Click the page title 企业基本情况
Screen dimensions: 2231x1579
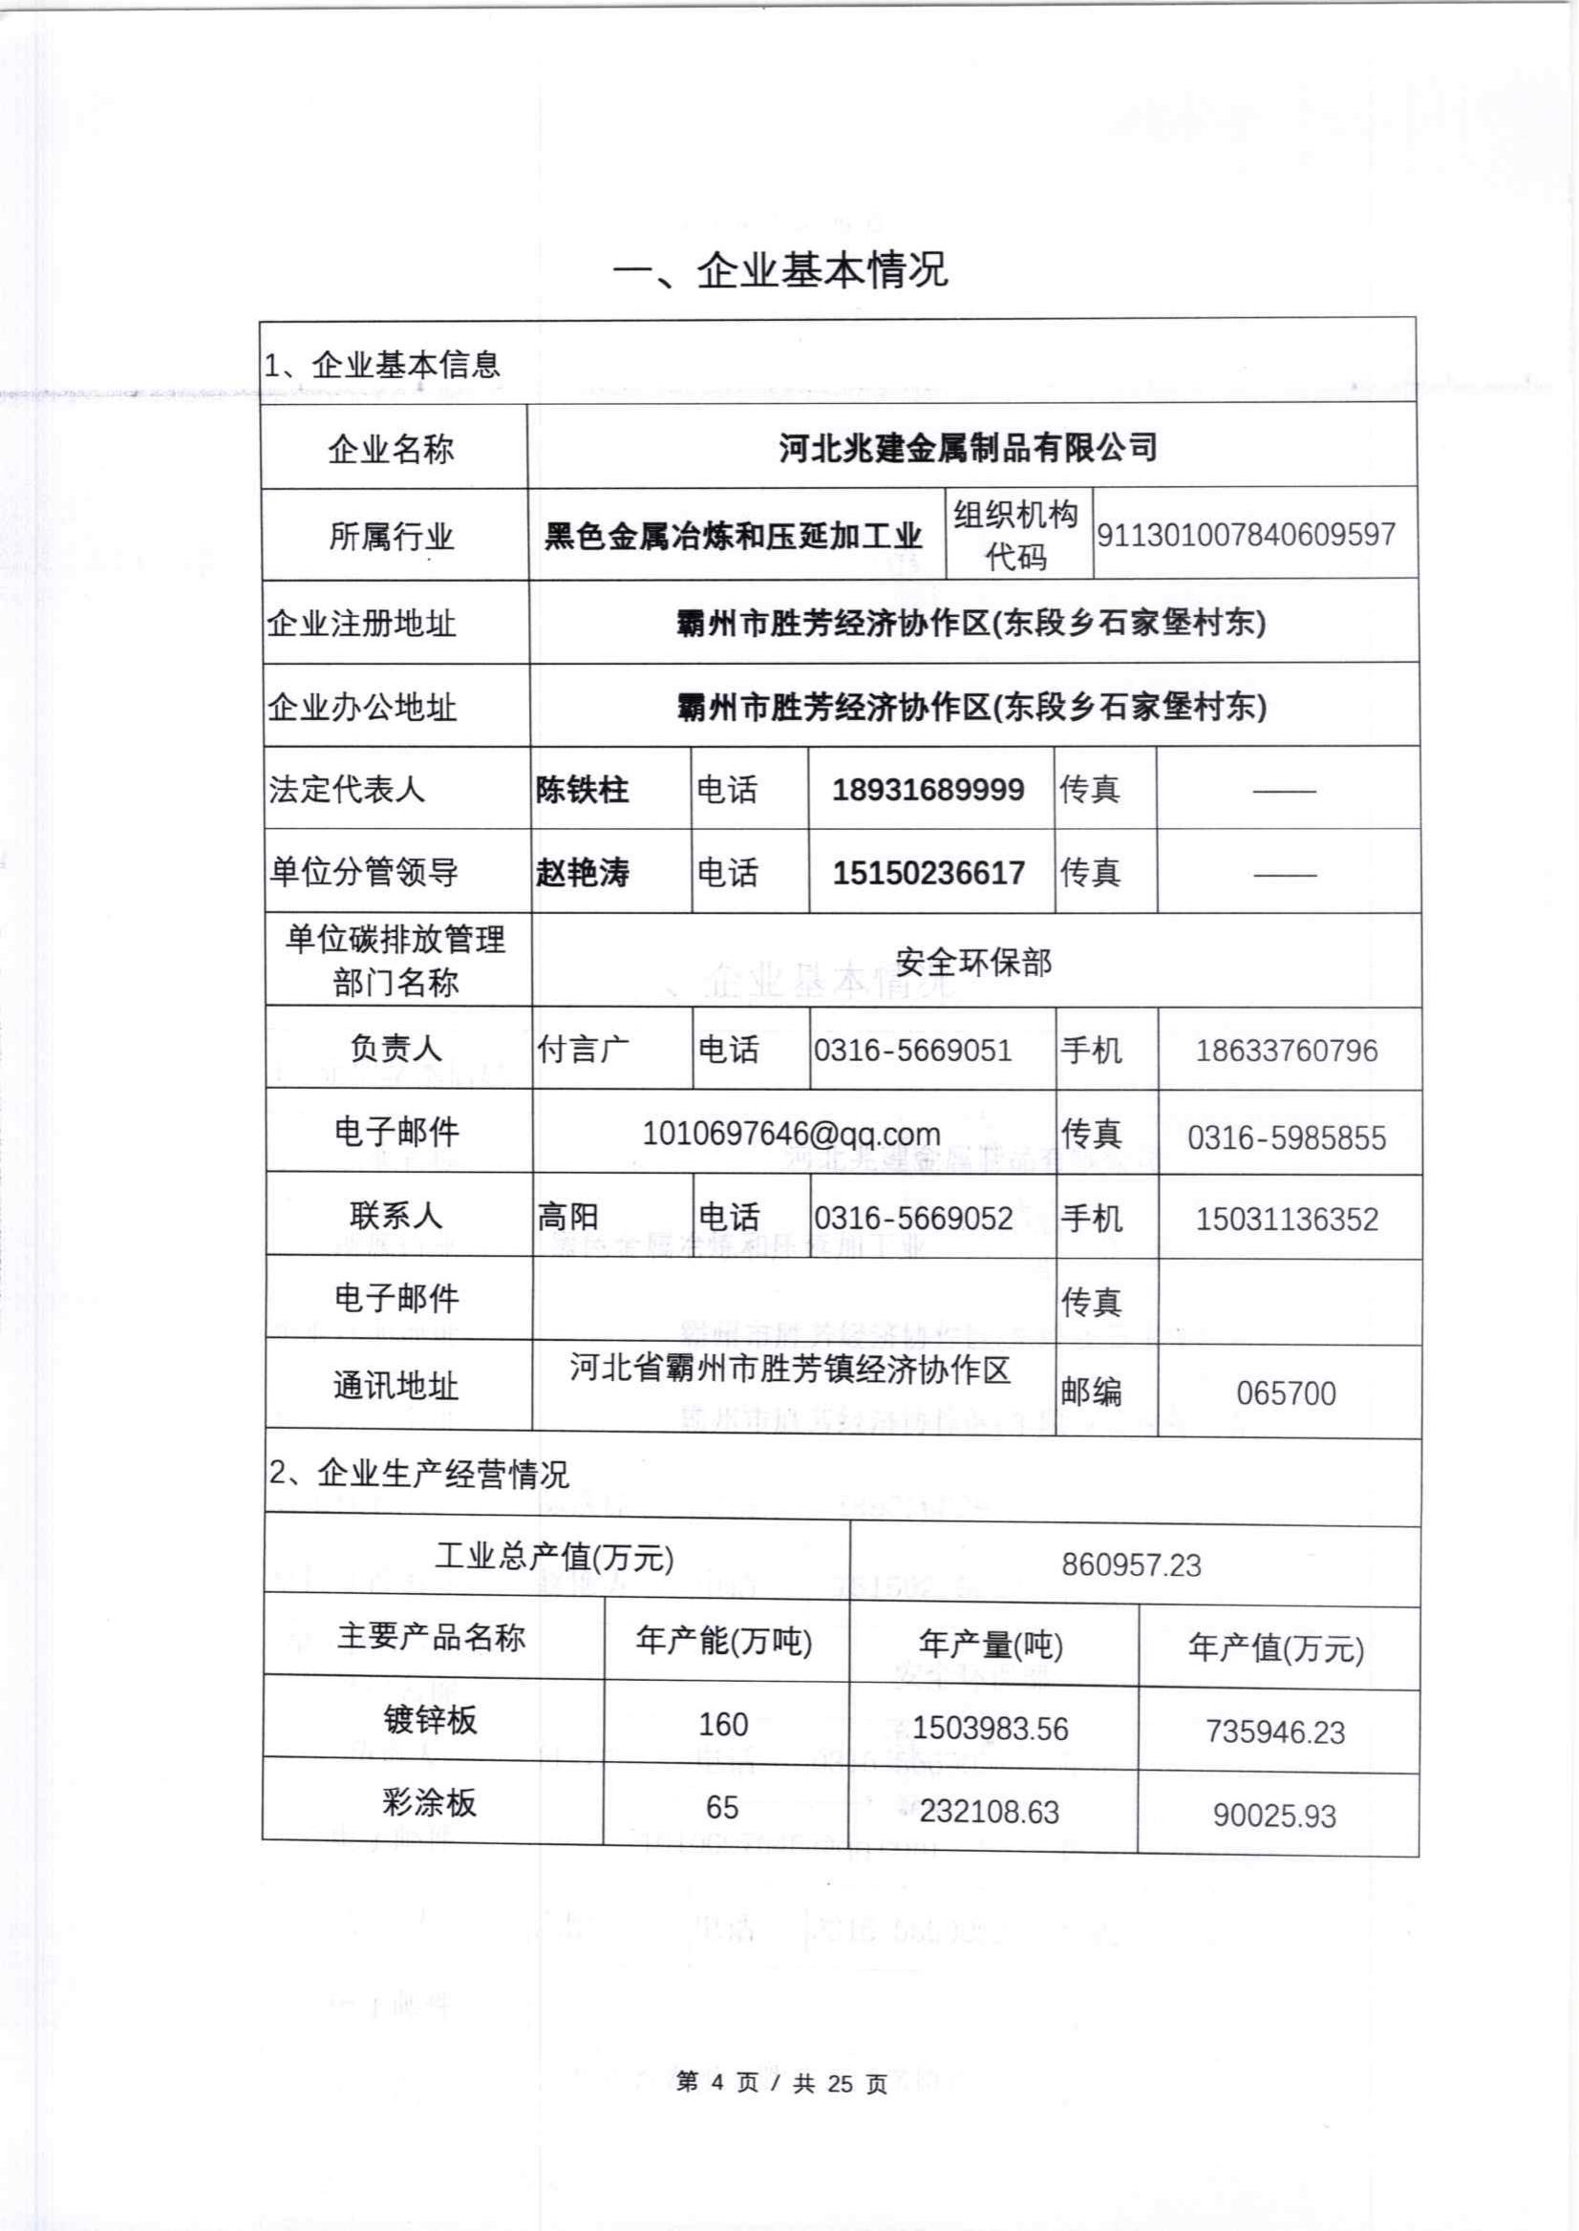(x=780, y=270)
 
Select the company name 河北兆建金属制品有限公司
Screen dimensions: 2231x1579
(x=969, y=448)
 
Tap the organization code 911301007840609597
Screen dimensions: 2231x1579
(x=1247, y=534)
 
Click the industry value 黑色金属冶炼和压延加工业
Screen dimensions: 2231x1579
(x=734, y=537)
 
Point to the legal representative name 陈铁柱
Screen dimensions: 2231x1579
(x=583, y=790)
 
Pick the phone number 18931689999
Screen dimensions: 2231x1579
(x=928, y=790)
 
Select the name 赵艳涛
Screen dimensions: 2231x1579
(x=583, y=873)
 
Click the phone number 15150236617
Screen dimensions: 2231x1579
(x=928, y=873)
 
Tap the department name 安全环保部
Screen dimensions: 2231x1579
(x=973, y=963)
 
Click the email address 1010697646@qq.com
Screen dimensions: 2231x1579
(x=792, y=1134)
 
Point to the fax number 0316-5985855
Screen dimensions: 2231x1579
(x=1287, y=1137)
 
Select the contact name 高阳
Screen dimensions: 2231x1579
(x=567, y=1217)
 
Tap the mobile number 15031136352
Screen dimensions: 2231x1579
(x=1287, y=1219)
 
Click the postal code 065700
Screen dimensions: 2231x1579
(x=1286, y=1393)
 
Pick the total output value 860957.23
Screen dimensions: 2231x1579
(x=1131, y=1564)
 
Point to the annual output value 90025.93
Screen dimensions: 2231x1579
(x=1273, y=1815)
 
